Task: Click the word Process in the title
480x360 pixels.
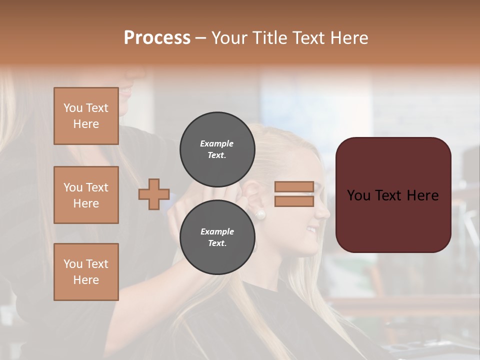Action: pyautogui.click(x=157, y=38)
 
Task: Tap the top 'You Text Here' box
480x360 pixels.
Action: pyautogui.click(x=86, y=116)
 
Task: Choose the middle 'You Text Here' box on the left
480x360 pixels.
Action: pyautogui.click(x=86, y=195)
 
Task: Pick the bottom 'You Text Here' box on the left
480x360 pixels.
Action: pyautogui.click(x=86, y=272)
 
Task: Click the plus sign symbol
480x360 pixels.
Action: pyautogui.click(x=154, y=194)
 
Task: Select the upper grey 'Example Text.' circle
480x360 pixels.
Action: pyautogui.click(x=217, y=149)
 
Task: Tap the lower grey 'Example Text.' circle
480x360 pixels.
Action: pyautogui.click(x=217, y=237)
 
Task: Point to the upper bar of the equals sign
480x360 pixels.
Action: pyautogui.click(x=294, y=187)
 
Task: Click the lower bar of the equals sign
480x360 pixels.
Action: pyautogui.click(x=294, y=201)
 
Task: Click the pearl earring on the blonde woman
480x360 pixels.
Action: pyautogui.click(x=260, y=215)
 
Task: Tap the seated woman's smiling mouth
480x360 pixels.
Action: pyautogui.click(x=312, y=230)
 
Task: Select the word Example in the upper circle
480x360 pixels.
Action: pyautogui.click(x=217, y=143)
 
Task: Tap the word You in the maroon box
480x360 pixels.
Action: pyautogui.click(x=358, y=195)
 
